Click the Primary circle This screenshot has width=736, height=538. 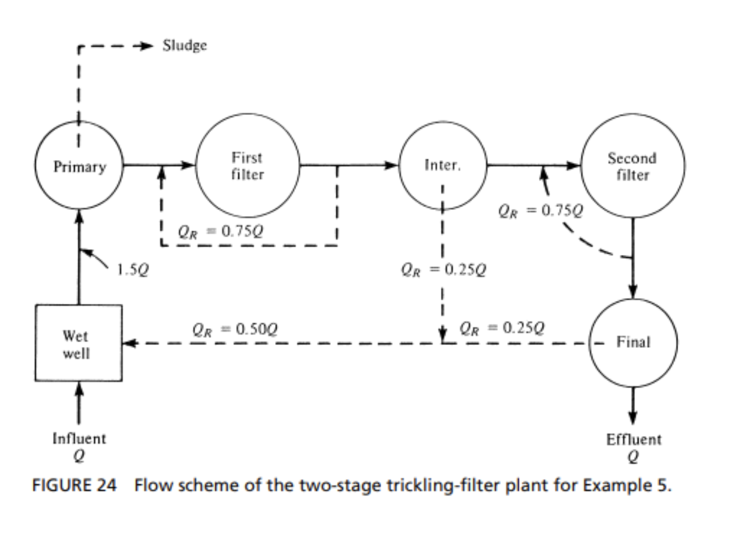pos(79,165)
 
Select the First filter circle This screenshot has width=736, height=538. pos(247,165)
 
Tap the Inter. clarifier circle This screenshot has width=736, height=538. pos(443,165)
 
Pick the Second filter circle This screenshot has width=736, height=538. pos(632,166)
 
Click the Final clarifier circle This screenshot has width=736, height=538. pos(633,342)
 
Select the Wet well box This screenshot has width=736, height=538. pos(78,343)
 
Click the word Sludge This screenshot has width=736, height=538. pos(184,46)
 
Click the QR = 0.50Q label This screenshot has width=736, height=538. pos(235,329)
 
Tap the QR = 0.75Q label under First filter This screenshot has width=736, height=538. pos(220,231)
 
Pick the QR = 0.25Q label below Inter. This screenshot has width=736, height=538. pos(443,269)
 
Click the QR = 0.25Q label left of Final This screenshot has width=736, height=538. pos(502,327)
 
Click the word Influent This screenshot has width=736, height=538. pos(79,438)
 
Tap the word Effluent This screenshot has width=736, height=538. pos(633,439)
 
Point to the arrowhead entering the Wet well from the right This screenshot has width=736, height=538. pos(130,343)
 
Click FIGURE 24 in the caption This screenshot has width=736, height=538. pos(74,485)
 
